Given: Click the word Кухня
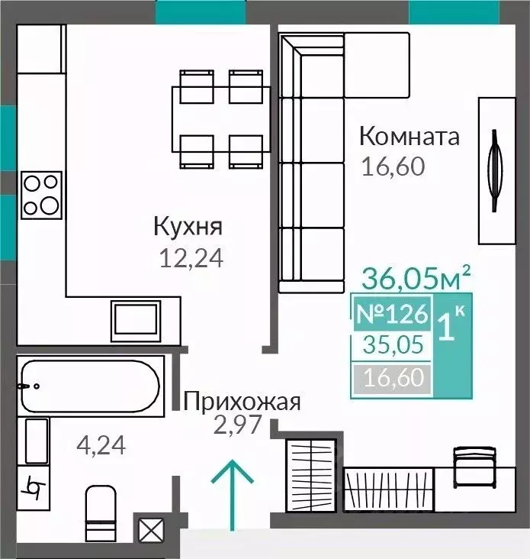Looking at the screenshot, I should pyautogui.click(x=188, y=227).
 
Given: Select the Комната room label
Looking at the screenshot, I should pyautogui.click(x=410, y=137).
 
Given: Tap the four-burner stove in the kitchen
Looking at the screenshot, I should pyautogui.click(x=40, y=194).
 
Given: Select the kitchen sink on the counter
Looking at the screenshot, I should pyautogui.click(x=135, y=319).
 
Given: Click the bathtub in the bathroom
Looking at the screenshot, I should pyautogui.click(x=90, y=386).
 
